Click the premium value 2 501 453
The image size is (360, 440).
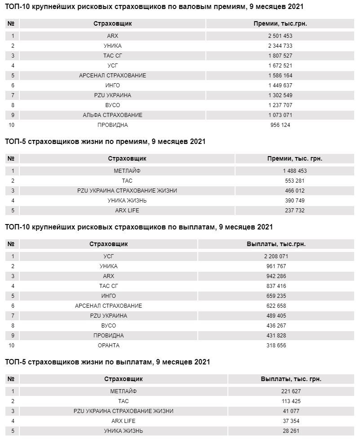[280, 36]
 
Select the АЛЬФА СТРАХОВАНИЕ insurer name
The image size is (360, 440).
[112, 115]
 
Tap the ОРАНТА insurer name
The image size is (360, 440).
[108, 346]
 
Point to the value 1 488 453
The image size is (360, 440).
[295, 171]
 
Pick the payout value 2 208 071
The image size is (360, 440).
[276, 256]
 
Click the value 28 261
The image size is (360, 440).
[291, 431]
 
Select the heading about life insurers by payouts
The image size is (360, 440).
[107, 362]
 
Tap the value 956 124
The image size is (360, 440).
[280, 125]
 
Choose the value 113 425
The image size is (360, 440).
[291, 401]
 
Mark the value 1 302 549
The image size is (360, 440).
[280, 95]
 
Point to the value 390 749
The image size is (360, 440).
[295, 201]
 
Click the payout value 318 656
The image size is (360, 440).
[276, 346]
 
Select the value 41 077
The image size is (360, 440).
[291, 411]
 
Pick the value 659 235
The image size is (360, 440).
[276, 296]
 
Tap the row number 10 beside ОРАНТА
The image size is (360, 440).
[13, 346]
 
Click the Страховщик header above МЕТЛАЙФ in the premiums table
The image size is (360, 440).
[127, 158]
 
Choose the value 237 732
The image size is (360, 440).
[295, 211]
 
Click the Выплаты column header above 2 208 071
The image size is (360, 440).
[276, 244]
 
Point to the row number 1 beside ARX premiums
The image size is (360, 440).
[13, 36]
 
